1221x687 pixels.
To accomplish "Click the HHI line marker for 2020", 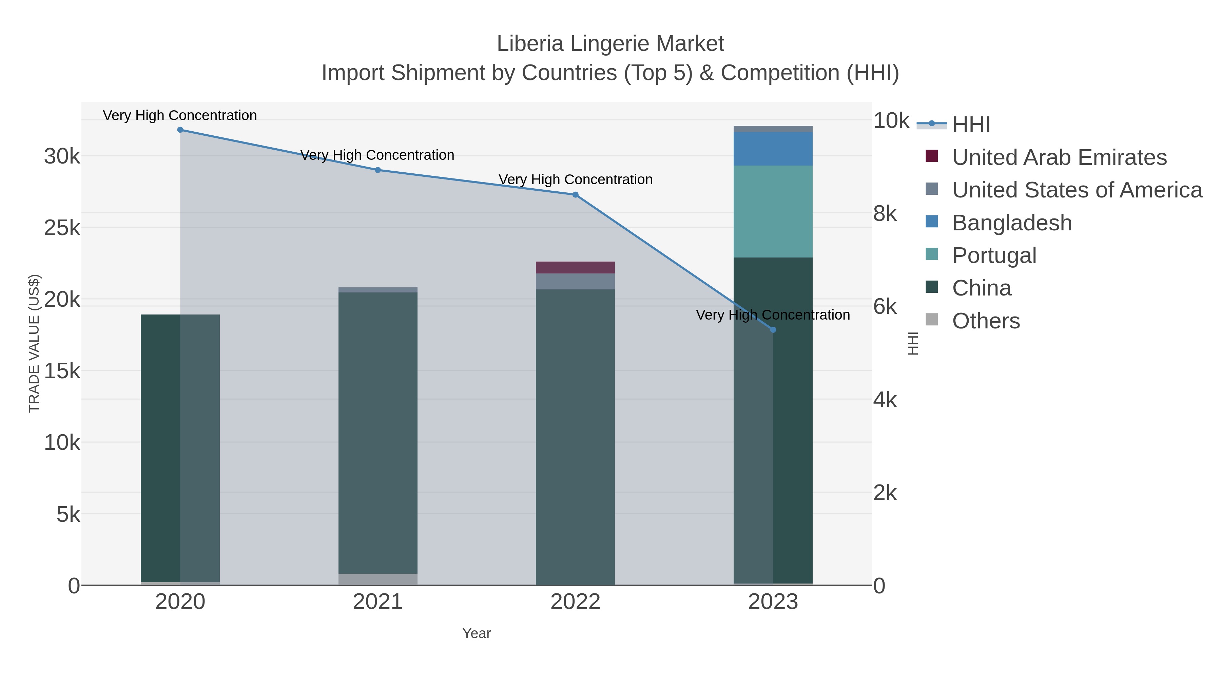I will coord(180,130).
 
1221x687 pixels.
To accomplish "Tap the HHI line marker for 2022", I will coord(576,195).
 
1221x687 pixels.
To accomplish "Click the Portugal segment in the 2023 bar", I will coord(773,211).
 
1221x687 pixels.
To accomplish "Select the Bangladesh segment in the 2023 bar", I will coord(773,149).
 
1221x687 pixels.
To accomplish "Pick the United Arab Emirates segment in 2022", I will coord(576,267).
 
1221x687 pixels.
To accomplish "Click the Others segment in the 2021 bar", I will coord(378,579).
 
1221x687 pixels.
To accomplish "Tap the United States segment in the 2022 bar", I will coord(576,281).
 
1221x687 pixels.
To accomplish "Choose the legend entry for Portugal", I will coord(994,255).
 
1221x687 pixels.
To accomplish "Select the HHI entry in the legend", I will coord(971,124).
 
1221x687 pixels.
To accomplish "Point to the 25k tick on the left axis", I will coord(62,228).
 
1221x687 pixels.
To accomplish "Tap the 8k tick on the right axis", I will coord(885,214).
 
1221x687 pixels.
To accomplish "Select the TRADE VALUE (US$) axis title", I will coord(34,343).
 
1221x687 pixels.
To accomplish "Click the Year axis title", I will coord(477,633).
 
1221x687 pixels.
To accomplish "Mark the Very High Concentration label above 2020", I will coord(180,115).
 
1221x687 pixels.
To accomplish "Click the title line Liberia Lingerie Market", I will coord(610,44).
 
